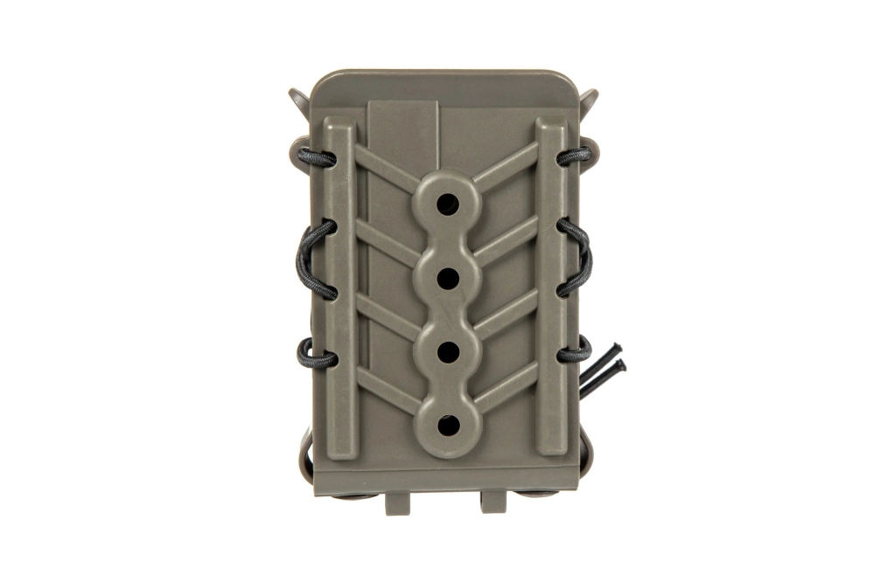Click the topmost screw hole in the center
(447, 204)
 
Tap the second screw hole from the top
(447, 278)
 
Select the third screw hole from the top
(447, 351)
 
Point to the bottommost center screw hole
(447, 426)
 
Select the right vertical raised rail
(551, 288)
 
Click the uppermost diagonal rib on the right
(507, 166)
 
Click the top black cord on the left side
(316, 158)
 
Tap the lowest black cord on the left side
(316, 354)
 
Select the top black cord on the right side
(575, 156)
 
